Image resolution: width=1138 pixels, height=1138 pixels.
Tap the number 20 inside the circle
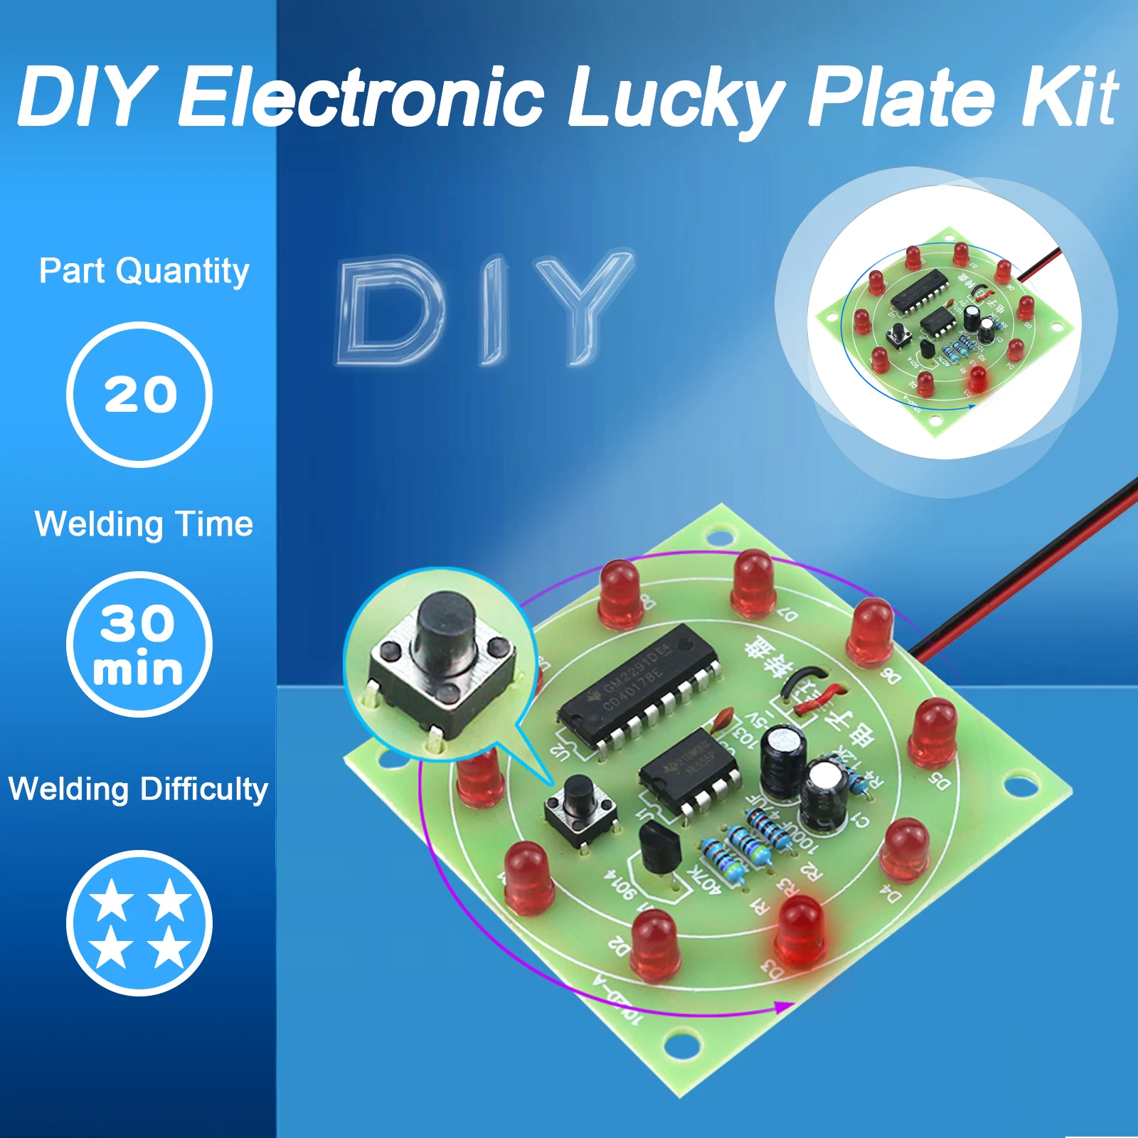(140, 395)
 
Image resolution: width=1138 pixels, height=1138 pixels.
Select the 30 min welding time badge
(139, 644)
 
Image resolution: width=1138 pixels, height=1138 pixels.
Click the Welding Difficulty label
(138, 789)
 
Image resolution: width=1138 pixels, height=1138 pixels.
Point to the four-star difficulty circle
(139, 922)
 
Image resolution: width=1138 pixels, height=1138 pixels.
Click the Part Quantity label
(144, 271)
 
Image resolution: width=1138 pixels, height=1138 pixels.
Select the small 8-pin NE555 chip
(688, 772)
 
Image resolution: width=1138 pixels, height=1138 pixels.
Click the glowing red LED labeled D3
(801, 928)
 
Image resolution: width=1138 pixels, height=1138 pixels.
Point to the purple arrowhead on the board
(782, 1007)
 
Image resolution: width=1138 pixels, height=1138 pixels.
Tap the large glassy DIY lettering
(484, 310)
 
